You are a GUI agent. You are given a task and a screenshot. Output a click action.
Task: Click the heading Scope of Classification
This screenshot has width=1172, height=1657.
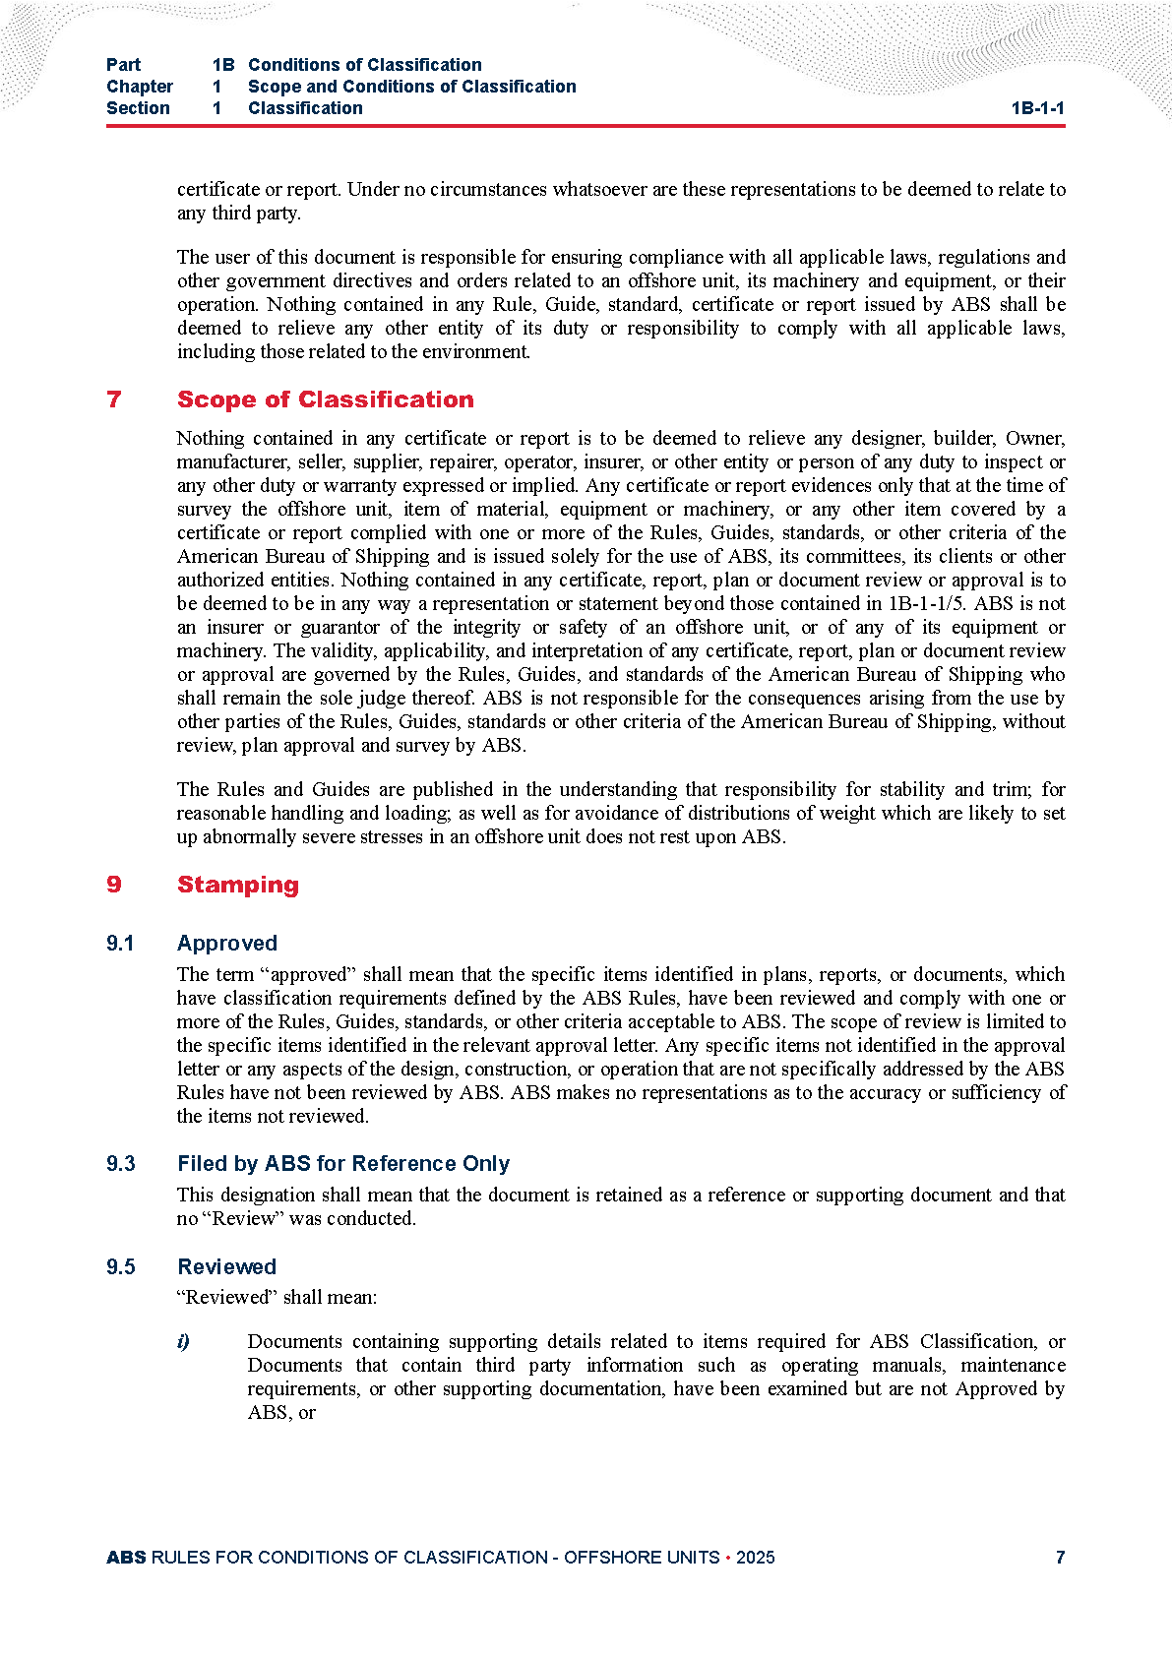[325, 399]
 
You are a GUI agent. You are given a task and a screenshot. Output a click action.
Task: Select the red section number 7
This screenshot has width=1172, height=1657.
[114, 399]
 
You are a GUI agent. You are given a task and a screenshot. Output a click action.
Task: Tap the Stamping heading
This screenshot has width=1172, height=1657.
[237, 885]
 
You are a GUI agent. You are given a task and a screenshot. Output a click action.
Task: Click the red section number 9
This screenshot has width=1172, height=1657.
[114, 885]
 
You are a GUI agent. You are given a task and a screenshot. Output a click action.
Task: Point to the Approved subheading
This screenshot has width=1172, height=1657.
[226, 944]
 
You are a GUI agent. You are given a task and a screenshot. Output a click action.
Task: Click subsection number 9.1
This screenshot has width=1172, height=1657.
[120, 944]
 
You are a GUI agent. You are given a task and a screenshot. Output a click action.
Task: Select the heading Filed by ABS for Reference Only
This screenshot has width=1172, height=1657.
[342, 1164]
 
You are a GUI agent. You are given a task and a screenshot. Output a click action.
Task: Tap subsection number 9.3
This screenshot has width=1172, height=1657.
[120, 1164]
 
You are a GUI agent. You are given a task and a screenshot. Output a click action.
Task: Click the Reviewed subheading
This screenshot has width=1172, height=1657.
[226, 1267]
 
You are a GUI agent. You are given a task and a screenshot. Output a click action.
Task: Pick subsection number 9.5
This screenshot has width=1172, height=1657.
[120, 1267]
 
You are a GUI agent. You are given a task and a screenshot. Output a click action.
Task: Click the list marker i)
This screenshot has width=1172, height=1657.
[183, 1342]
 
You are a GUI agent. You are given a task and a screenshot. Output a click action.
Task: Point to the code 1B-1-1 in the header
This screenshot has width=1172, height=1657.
[1037, 108]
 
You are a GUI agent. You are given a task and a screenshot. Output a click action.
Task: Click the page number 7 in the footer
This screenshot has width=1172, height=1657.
[1060, 1558]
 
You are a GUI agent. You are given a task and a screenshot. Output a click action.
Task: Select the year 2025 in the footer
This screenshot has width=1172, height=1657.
[755, 1558]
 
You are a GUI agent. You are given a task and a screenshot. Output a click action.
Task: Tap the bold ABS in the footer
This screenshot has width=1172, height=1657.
[126, 1558]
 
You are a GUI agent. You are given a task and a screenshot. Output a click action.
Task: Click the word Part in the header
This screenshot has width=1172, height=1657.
[123, 65]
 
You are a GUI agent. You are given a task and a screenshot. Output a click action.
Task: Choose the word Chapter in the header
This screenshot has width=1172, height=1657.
[139, 87]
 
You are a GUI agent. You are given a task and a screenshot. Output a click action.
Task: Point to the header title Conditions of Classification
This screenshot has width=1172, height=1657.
[364, 65]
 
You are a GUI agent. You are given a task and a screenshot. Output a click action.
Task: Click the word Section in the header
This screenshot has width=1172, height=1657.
[138, 108]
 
